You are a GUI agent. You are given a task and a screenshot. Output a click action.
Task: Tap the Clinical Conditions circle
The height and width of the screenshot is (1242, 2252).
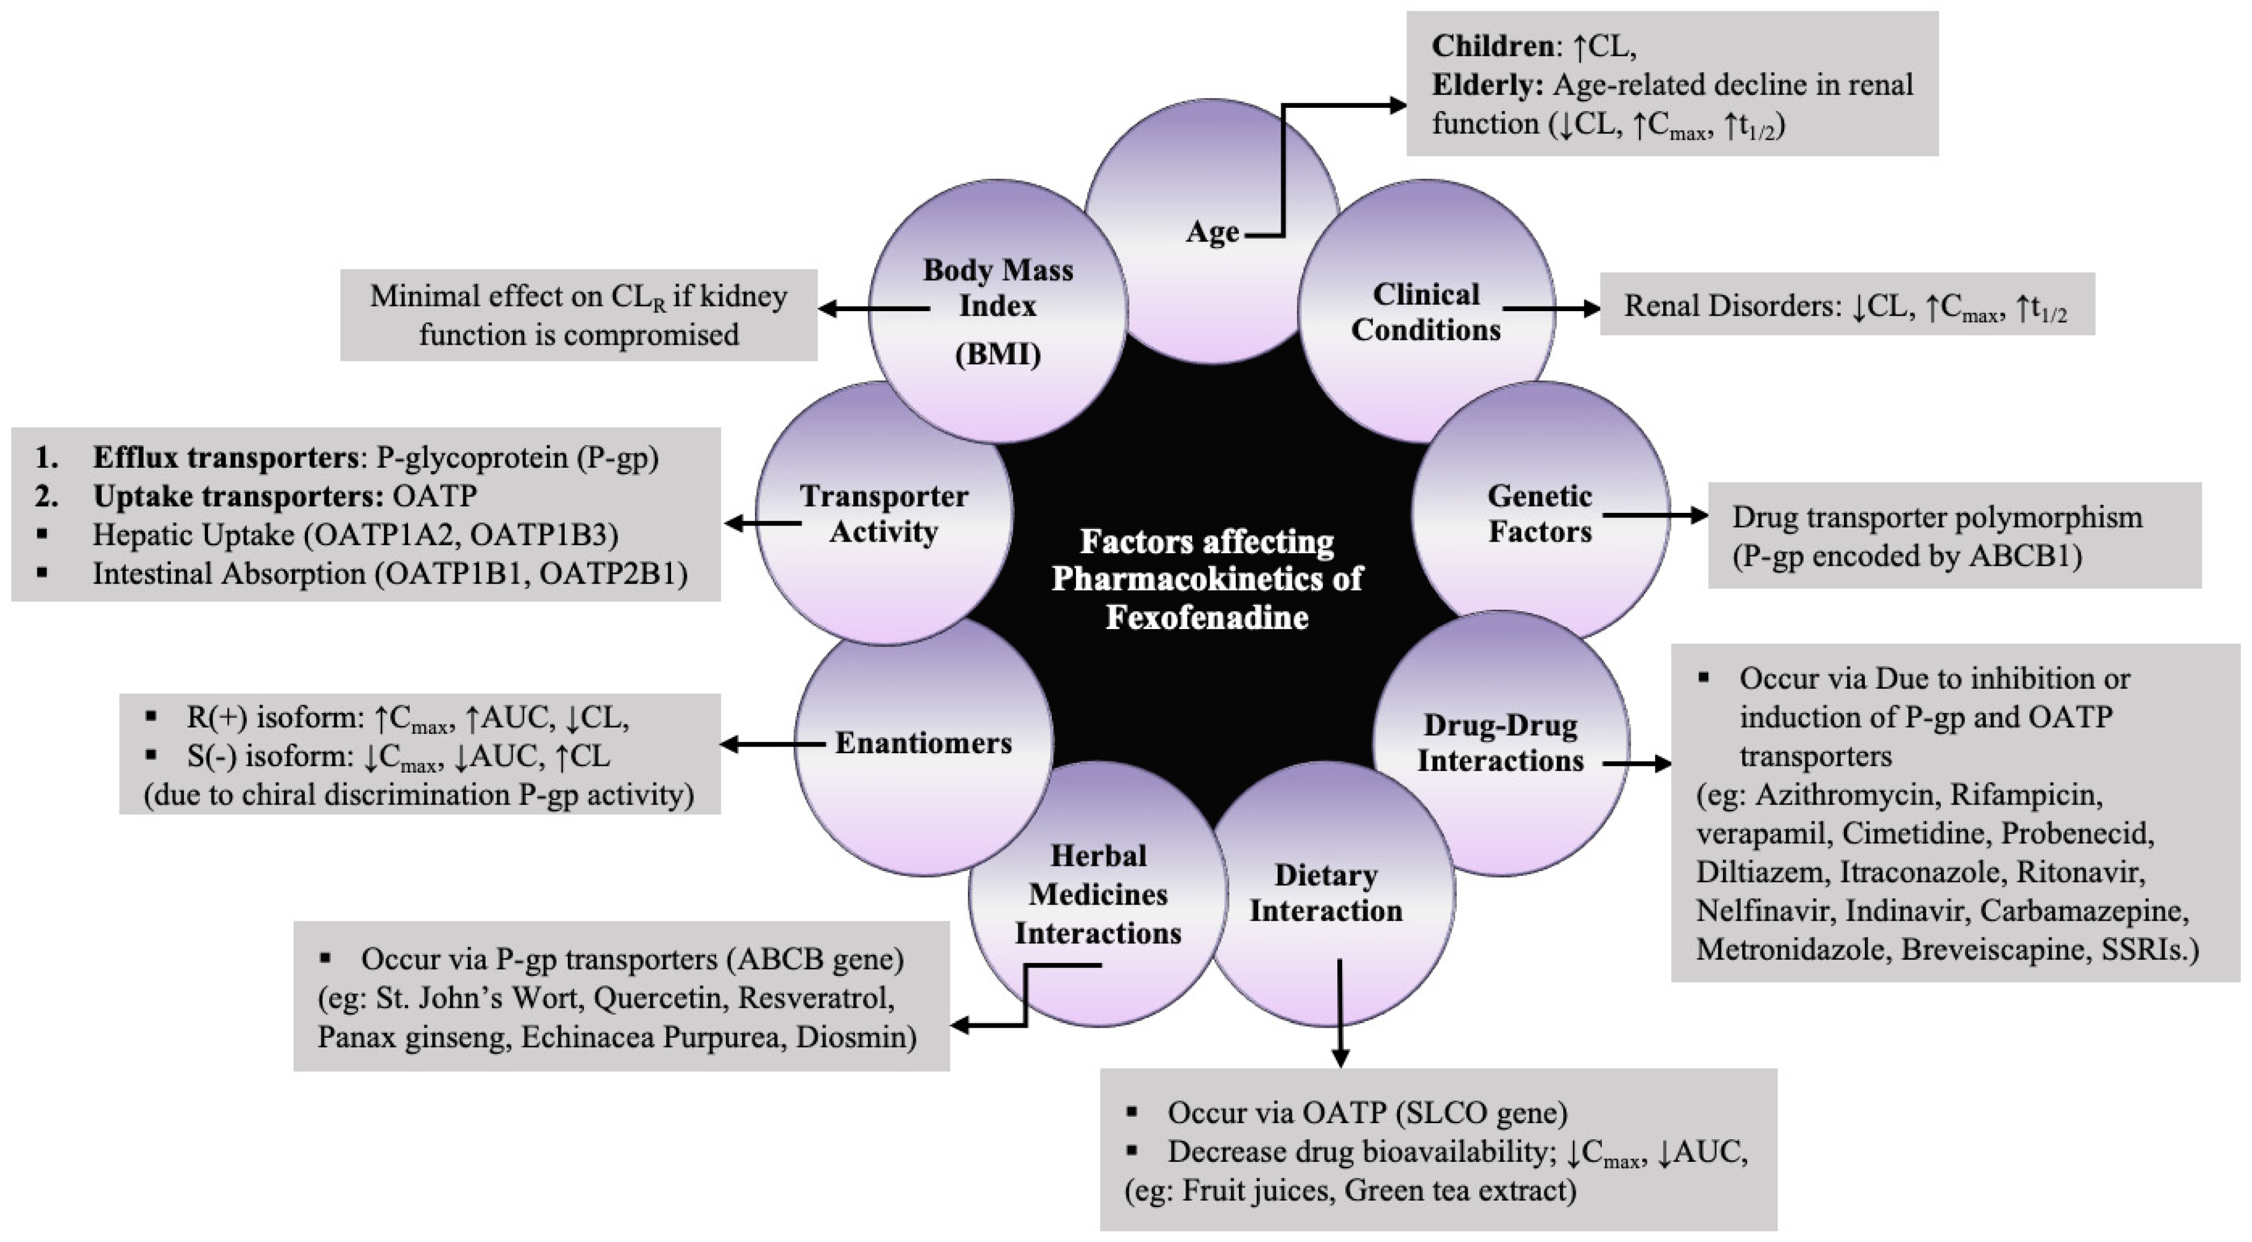pyautogui.click(x=1426, y=312)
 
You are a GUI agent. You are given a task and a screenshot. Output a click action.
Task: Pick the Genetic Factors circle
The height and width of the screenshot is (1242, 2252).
pyautogui.click(x=1540, y=513)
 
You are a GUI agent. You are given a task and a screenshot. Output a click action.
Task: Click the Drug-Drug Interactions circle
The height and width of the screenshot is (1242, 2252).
pyautogui.click(x=1500, y=743)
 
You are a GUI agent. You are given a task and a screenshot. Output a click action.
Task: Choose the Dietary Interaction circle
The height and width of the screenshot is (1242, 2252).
pyautogui.click(x=1325, y=893)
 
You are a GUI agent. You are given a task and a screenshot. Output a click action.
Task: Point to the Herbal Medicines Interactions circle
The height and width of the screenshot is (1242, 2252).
pyautogui.click(x=1098, y=893)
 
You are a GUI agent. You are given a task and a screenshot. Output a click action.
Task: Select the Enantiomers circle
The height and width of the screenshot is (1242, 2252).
pyautogui.click(x=923, y=743)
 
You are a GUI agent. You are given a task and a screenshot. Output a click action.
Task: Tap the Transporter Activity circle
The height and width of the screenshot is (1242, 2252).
pyautogui.click(x=884, y=513)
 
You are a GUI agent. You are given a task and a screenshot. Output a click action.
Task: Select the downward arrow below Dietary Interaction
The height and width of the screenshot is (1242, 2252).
pyautogui.click(x=1339, y=1014)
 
